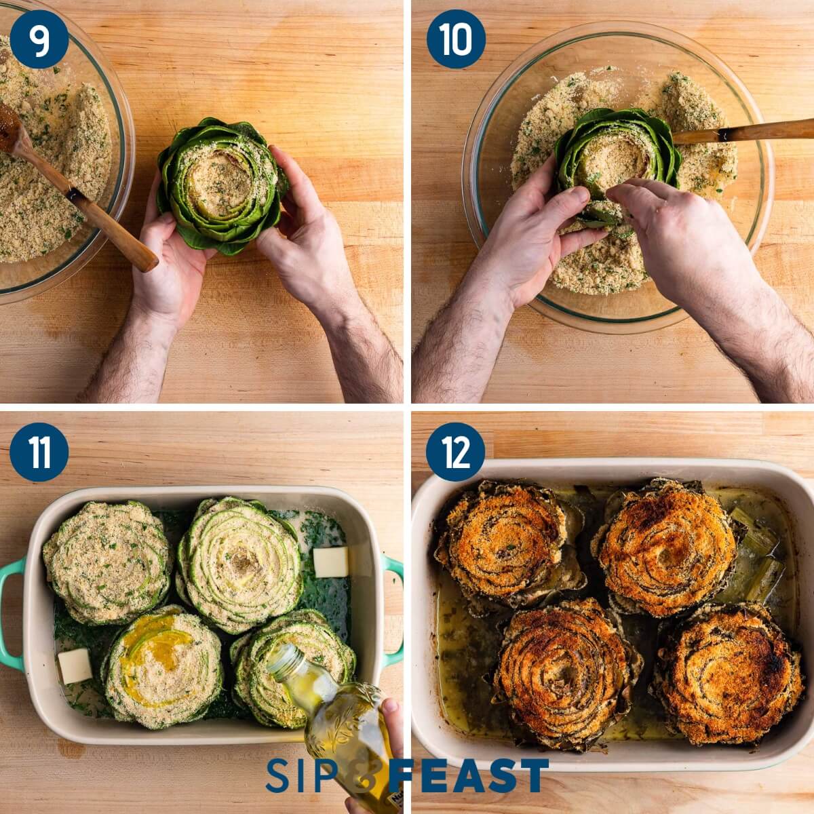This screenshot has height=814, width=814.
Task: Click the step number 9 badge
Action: pos(39,39)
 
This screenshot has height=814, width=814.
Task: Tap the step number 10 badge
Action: pos(456,39)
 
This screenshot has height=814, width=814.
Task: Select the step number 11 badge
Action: pos(39,452)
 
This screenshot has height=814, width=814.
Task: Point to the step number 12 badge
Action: pos(456,452)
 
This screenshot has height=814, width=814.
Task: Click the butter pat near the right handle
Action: pos(330,562)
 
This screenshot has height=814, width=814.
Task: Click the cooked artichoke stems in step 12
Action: pos(756,560)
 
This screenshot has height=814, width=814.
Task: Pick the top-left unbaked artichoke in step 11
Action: pos(107,561)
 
